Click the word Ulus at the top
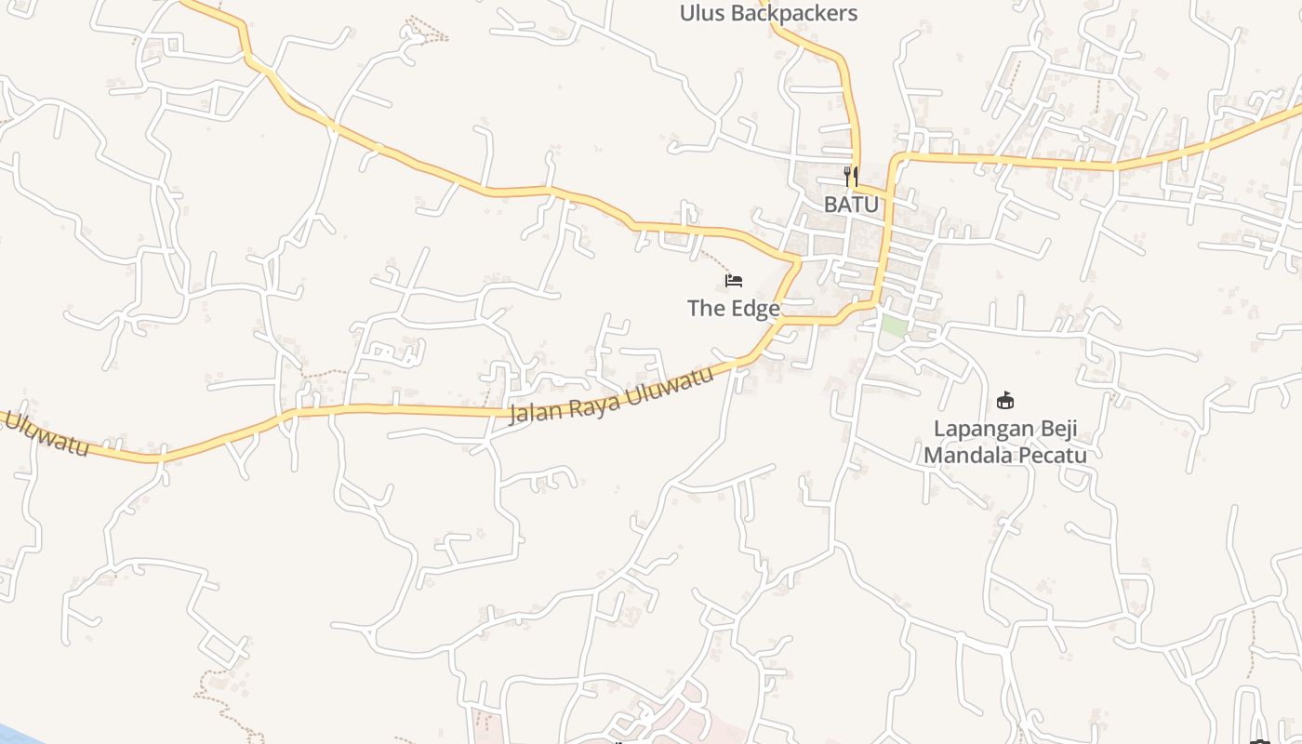(x=702, y=13)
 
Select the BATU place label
(x=851, y=204)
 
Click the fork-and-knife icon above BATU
(x=850, y=175)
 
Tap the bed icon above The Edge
(x=734, y=280)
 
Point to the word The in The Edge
(x=705, y=308)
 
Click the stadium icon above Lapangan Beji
(x=1004, y=401)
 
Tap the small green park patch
(x=894, y=326)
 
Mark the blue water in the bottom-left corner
(x=13, y=734)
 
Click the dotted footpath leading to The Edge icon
(x=713, y=255)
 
